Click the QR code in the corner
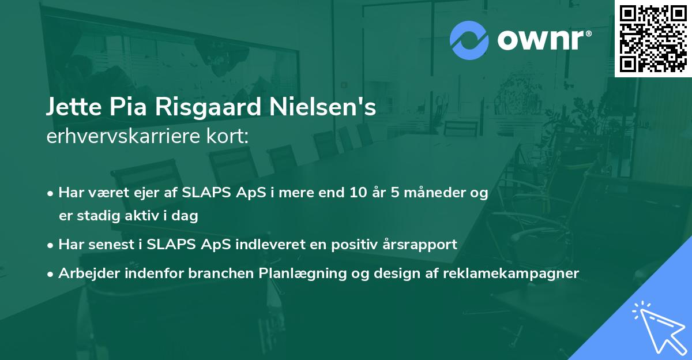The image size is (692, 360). [653, 38]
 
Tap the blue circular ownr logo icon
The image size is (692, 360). [469, 40]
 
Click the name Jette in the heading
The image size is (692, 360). [74, 107]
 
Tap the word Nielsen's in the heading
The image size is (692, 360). [322, 107]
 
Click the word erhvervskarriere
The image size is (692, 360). [123, 136]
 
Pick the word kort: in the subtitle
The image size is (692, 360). [227, 136]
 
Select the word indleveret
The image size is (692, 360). [270, 245]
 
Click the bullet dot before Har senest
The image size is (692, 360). [50, 246]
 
